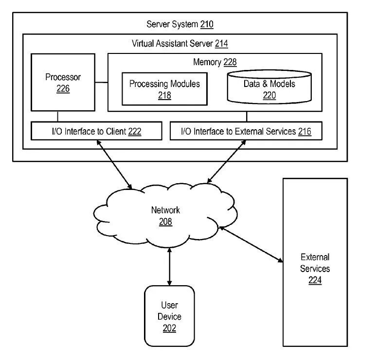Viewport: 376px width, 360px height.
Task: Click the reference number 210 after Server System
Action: [x=207, y=24]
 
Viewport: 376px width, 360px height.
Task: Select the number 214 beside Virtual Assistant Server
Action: [x=221, y=44]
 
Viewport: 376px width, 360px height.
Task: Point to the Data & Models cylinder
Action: [x=269, y=87]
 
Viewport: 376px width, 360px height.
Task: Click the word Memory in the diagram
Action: [x=207, y=62]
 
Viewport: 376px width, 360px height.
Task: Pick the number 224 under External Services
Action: [x=315, y=280]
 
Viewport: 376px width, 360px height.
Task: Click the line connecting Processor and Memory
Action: [x=102, y=83]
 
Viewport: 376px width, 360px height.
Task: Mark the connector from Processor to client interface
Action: [x=57, y=117]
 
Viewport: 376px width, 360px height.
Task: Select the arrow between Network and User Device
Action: [x=170, y=267]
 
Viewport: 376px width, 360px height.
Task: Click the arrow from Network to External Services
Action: [x=251, y=244]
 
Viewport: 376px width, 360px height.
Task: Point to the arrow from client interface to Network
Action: [x=114, y=165]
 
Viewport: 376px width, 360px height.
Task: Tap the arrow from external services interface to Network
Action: [x=227, y=162]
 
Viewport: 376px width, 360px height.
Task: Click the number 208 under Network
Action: [x=165, y=222]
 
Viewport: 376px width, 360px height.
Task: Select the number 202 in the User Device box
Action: [x=170, y=328]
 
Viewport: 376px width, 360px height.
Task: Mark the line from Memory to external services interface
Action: [x=247, y=117]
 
